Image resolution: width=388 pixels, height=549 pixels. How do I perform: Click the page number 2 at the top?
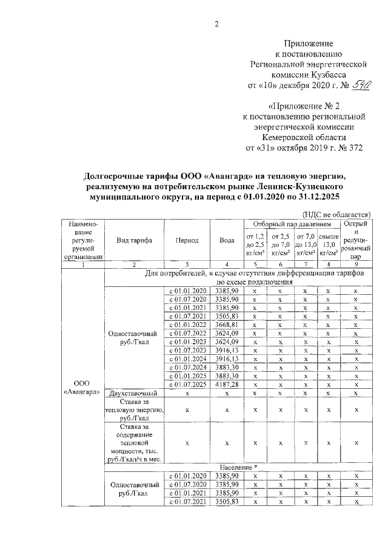[198, 24]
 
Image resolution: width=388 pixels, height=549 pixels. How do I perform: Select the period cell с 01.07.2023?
[187, 350]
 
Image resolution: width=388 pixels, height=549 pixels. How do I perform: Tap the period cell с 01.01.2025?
[187, 376]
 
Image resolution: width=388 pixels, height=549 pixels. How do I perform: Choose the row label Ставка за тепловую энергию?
[134, 410]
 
